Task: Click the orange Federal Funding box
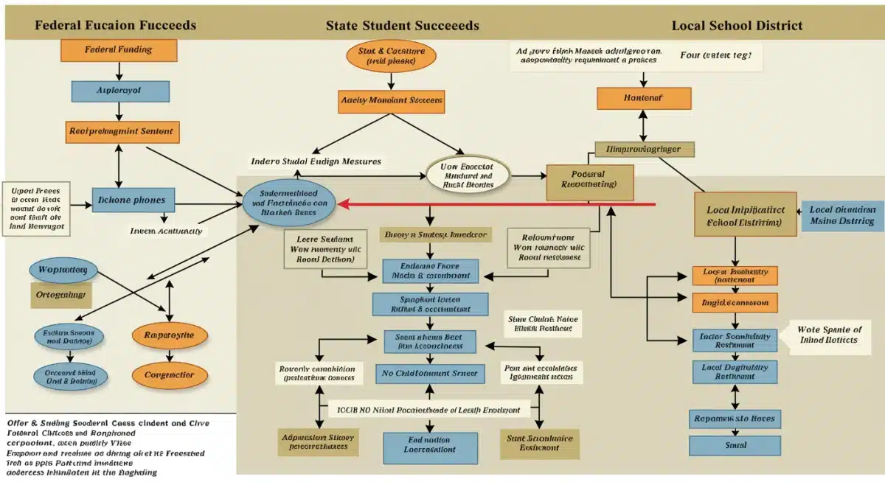119,50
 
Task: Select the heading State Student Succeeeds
402,26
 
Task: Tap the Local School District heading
737,26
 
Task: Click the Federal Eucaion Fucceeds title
115,26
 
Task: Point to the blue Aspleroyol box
119,91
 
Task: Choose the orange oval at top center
391,57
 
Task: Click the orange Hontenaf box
644,98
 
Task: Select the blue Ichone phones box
133,200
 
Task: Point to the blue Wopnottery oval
63,270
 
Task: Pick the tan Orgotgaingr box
61,295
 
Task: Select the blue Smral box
735,445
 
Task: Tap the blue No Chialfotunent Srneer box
430,374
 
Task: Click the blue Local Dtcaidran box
841,214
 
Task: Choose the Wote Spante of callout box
830,335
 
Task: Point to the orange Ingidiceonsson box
735,303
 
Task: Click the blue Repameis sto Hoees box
735,419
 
